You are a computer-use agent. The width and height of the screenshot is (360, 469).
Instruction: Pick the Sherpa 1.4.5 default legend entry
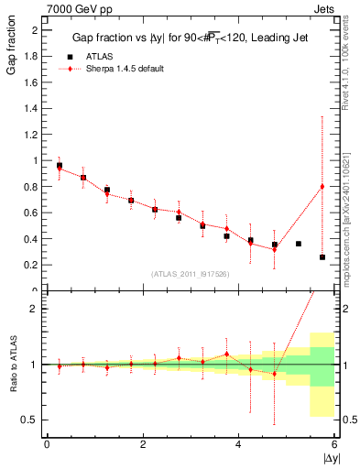click(119, 69)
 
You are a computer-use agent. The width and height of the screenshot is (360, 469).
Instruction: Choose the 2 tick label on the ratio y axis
click(38, 309)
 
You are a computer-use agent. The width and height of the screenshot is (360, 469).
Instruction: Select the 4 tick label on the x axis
click(239, 444)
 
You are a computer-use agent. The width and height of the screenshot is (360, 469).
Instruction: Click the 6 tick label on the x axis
click(334, 444)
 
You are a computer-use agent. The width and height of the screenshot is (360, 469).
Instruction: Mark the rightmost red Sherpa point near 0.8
click(322, 187)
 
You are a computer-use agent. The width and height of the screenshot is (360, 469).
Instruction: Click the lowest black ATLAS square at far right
click(322, 257)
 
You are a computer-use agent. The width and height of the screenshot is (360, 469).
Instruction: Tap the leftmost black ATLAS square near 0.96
click(60, 166)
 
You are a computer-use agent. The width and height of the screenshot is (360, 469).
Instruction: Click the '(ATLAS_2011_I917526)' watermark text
click(190, 274)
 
